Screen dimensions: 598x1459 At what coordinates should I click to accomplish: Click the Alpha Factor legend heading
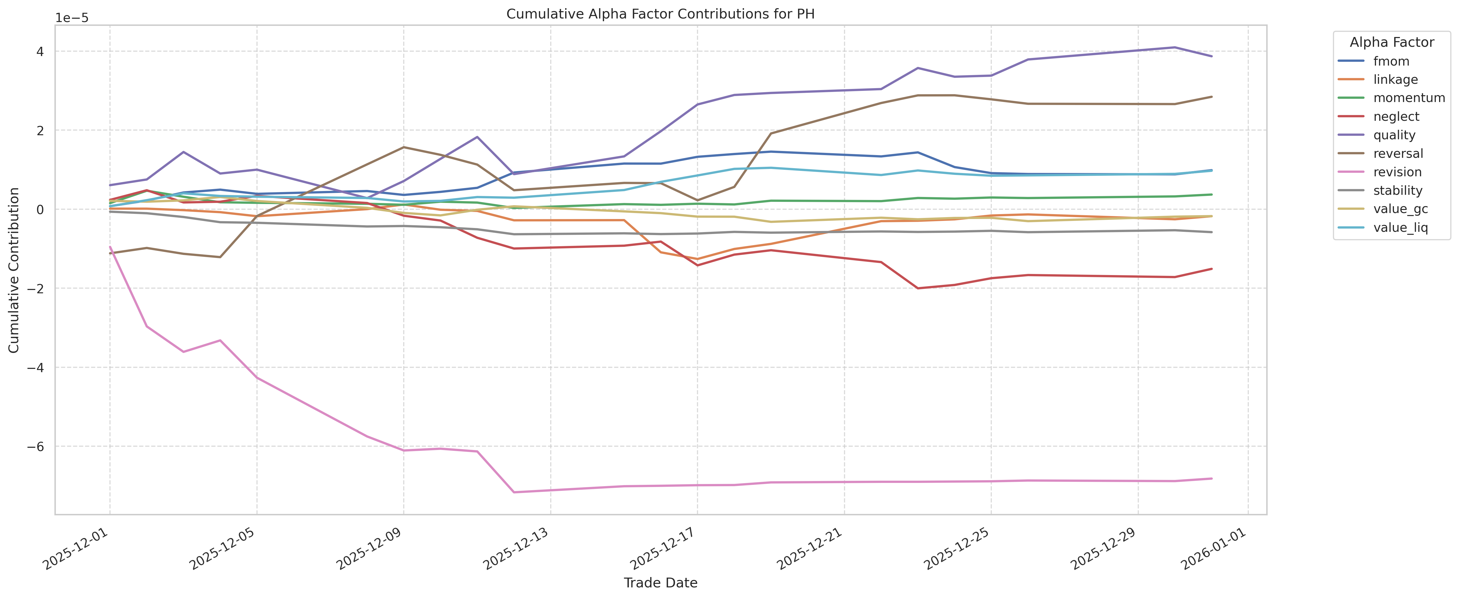(x=1391, y=42)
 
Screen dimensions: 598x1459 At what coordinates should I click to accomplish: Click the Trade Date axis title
(x=660, y=583)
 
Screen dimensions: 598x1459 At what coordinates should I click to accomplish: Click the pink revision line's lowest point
(x=514, y=492)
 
